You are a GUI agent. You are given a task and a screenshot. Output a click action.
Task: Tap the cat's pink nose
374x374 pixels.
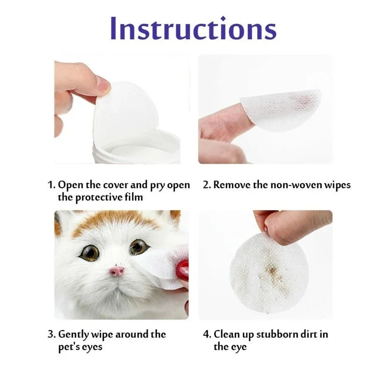click(x=116, y=271)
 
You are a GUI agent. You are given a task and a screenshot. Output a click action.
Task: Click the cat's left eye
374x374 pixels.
click(x=89, y=252)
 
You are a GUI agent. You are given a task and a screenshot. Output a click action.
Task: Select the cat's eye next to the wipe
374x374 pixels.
click(x=138, y=247)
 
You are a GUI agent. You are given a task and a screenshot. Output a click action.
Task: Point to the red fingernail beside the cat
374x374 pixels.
click(x=183, y=270)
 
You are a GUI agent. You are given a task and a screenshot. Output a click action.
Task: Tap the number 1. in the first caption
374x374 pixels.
click(x=51, y=185)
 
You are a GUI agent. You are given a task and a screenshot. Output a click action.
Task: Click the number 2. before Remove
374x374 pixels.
click(x=207, y=185)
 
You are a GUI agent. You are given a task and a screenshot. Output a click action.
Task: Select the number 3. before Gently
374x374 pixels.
click(x=51, y=334)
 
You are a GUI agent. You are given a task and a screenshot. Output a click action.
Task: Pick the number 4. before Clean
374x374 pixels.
click(x=207, y=334)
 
